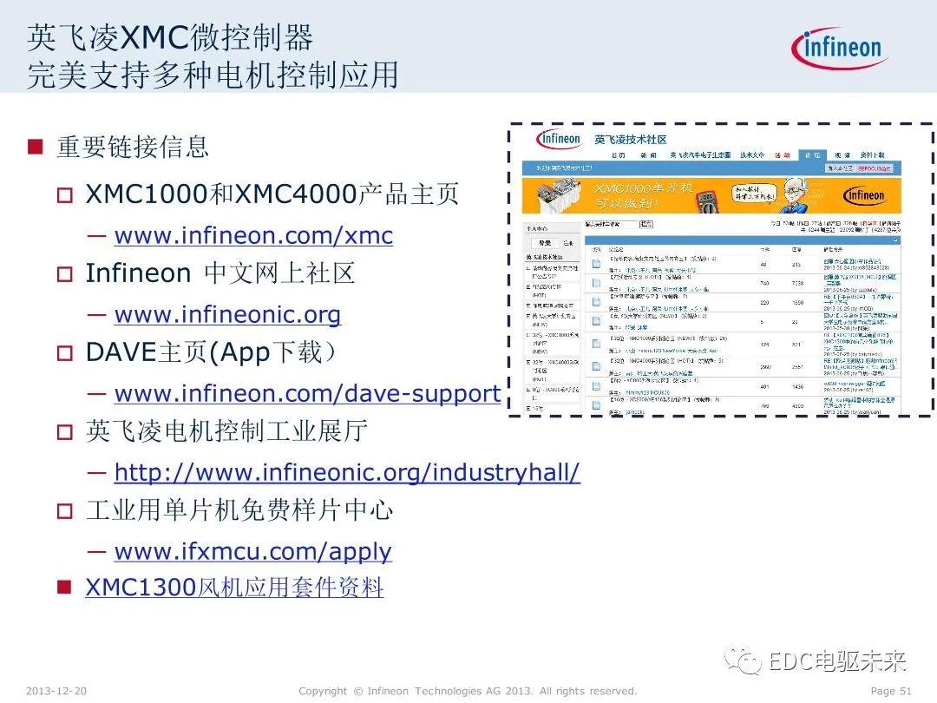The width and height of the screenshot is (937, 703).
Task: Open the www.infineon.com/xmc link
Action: pos(253,236)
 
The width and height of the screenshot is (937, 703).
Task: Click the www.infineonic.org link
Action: pos(227,314)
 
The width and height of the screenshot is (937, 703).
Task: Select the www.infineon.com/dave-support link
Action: pos(307,394)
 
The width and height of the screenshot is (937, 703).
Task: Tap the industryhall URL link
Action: pos(347,473)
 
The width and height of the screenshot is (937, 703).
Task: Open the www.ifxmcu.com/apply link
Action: pos(252,552)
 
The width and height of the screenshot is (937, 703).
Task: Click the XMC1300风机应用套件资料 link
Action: pos(234,588)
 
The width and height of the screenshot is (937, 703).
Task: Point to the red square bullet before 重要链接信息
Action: pos(36,146)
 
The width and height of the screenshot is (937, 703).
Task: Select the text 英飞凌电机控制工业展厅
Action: pos(226,431)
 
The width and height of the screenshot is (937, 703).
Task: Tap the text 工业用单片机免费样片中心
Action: pos(239,510)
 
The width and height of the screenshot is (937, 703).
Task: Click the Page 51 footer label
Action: pos(890,691)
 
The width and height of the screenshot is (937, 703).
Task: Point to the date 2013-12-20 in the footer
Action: pos(56,691)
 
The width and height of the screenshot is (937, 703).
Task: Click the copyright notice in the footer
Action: pos(468,691)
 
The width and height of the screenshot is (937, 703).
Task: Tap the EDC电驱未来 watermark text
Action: pos(837,661)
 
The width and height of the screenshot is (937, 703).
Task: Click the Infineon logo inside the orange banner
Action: pos(865,195)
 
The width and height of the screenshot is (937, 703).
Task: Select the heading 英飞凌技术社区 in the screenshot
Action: pos(631,140)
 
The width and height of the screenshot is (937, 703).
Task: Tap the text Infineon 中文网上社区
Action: pos(220,274)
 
